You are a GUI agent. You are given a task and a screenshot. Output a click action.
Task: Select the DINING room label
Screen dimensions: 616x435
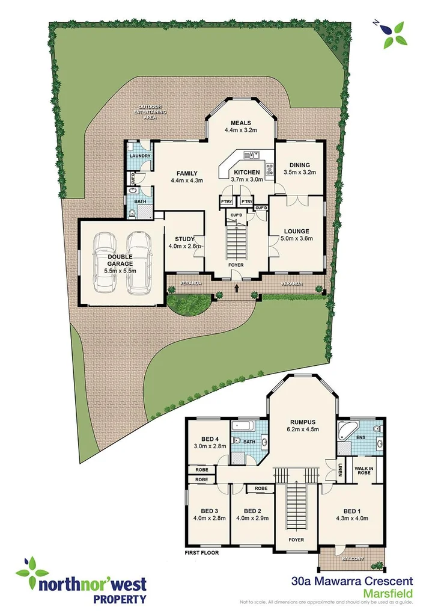click(x=299, y=165)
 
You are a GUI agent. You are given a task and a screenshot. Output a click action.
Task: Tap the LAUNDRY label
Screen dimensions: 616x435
click(x=138, y=155)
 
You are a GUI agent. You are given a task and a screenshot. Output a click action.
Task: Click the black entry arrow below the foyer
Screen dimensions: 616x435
click(x=236, y=288)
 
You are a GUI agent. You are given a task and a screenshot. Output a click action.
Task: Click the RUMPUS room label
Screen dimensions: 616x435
click(x=302, y=422)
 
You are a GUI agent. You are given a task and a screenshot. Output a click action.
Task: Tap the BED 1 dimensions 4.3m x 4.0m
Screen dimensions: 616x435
click(x=351, y=518)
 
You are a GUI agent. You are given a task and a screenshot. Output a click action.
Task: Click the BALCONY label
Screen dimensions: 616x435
click(x=353, y=559)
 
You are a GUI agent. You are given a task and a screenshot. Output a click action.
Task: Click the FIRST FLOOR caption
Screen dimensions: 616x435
click(x=202, y=552)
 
